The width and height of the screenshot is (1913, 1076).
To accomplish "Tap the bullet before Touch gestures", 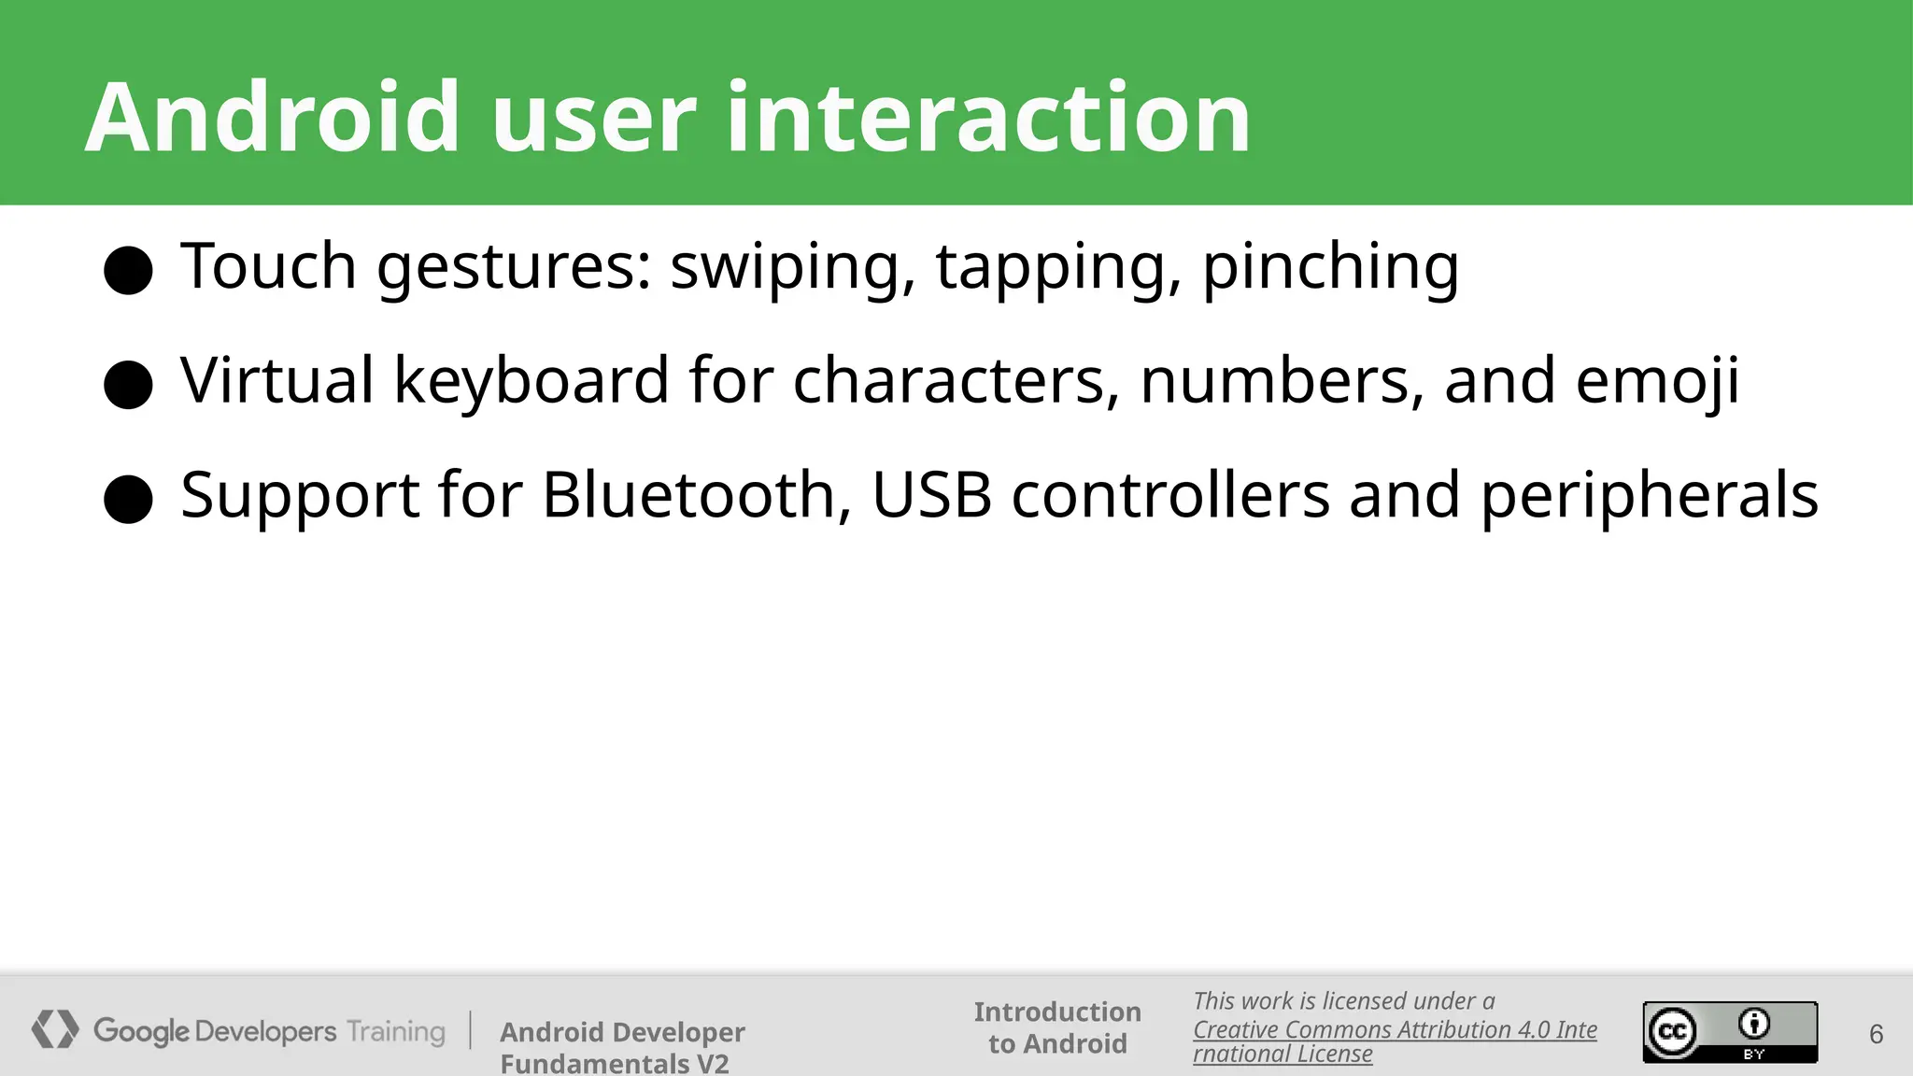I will (x=128, y=271).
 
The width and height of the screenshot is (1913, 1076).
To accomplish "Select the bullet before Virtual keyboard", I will (x=128, y=385).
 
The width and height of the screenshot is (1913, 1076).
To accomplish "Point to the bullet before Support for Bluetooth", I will (x=128, y=499).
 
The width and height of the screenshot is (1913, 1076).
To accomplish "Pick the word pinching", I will (x=1329, y=268).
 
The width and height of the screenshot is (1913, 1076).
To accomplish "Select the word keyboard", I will (x=531, y=381).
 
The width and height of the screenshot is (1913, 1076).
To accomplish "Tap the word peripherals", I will (x=1650, y=496).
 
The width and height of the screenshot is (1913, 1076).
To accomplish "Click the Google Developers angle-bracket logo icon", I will (x=55, y=1029).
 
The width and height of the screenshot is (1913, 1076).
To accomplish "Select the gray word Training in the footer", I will (x=396, y=1031).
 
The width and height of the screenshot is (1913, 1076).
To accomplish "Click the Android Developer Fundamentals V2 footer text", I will (x=622, y=1047).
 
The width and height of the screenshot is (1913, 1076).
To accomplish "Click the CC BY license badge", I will (x=1730, y=1031).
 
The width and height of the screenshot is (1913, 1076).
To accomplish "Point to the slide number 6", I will (x=1876, y=1034).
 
